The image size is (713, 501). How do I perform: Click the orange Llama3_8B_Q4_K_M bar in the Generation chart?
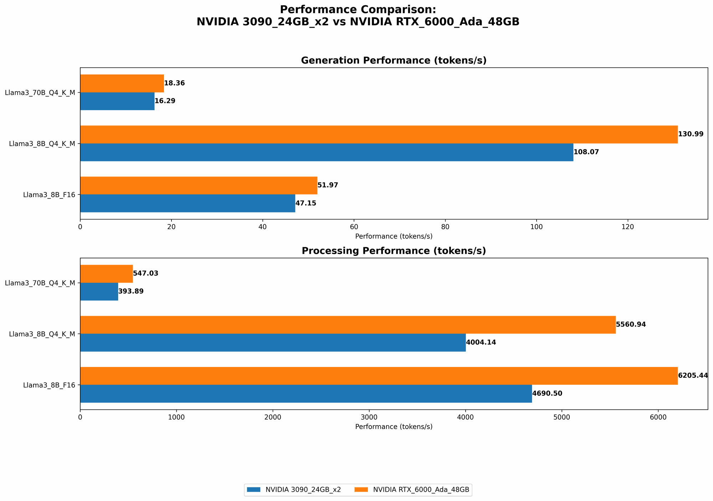click(379, 134)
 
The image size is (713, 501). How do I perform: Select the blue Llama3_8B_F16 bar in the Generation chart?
click(188, 203)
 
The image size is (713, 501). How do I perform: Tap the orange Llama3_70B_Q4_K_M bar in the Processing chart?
click(106, 274)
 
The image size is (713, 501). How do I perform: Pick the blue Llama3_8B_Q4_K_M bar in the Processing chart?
click(273, 342)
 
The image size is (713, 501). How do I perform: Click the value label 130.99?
click(691, 134)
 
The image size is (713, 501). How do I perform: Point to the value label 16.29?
click(165, 101)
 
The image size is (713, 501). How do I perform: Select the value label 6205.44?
click(693, 376)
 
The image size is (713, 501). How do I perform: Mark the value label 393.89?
click(131, 291)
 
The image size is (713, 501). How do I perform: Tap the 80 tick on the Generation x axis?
click(445, 227)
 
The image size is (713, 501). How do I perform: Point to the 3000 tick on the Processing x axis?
click(369, 417)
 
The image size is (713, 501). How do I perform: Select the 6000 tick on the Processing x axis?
click(658, 417)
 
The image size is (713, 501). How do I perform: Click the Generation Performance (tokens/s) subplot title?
click(394, 61)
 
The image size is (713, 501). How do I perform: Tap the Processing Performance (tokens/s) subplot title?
click(394, 251)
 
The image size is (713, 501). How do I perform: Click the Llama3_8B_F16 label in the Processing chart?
click(49, 385)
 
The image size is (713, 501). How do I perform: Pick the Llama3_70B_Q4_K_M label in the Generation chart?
click(40, 93)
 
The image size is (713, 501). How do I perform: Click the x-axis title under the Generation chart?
click(394, 236)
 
